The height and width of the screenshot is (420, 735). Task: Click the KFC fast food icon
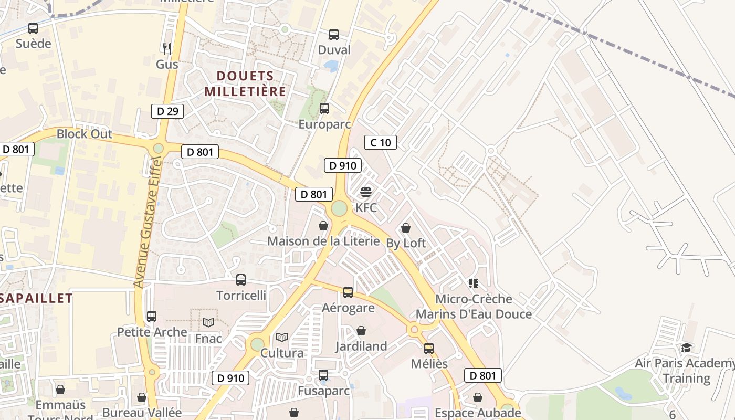click(x=366, y=192)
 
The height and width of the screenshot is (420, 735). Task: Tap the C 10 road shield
click(x=381, y=142)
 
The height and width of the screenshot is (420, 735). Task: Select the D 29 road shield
click(x=167, y=111)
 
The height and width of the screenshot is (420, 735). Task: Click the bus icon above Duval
click(x=334, y=35)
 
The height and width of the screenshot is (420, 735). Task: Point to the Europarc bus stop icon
click(x=324, y=109)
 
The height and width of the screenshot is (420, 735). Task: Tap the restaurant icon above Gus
click(x=167, y=49)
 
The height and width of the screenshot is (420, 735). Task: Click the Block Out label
click(x=85, y=134)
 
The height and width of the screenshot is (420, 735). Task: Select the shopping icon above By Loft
click(x=406, y=228)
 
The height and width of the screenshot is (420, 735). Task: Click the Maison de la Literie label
click(x=323, y=241)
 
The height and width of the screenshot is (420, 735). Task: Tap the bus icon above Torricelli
click(x=241, y=280)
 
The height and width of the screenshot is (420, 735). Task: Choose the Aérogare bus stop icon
click(x=348, y=292)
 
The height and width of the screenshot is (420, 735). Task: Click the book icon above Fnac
click(x=208, y=322)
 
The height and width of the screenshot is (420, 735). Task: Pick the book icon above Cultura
click(x=282, y=337)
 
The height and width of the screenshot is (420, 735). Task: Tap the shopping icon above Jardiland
click(x=361, y=331)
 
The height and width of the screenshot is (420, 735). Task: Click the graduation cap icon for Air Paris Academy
click(x=686, y=348)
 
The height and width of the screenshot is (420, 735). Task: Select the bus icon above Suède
click(x=33, y=28)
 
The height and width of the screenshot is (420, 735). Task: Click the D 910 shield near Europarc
click(x=343, y=166)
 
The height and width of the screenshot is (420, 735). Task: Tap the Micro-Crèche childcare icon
click(x=474, y=283)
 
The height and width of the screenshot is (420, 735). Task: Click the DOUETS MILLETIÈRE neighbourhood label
click(x=245, y=84)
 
